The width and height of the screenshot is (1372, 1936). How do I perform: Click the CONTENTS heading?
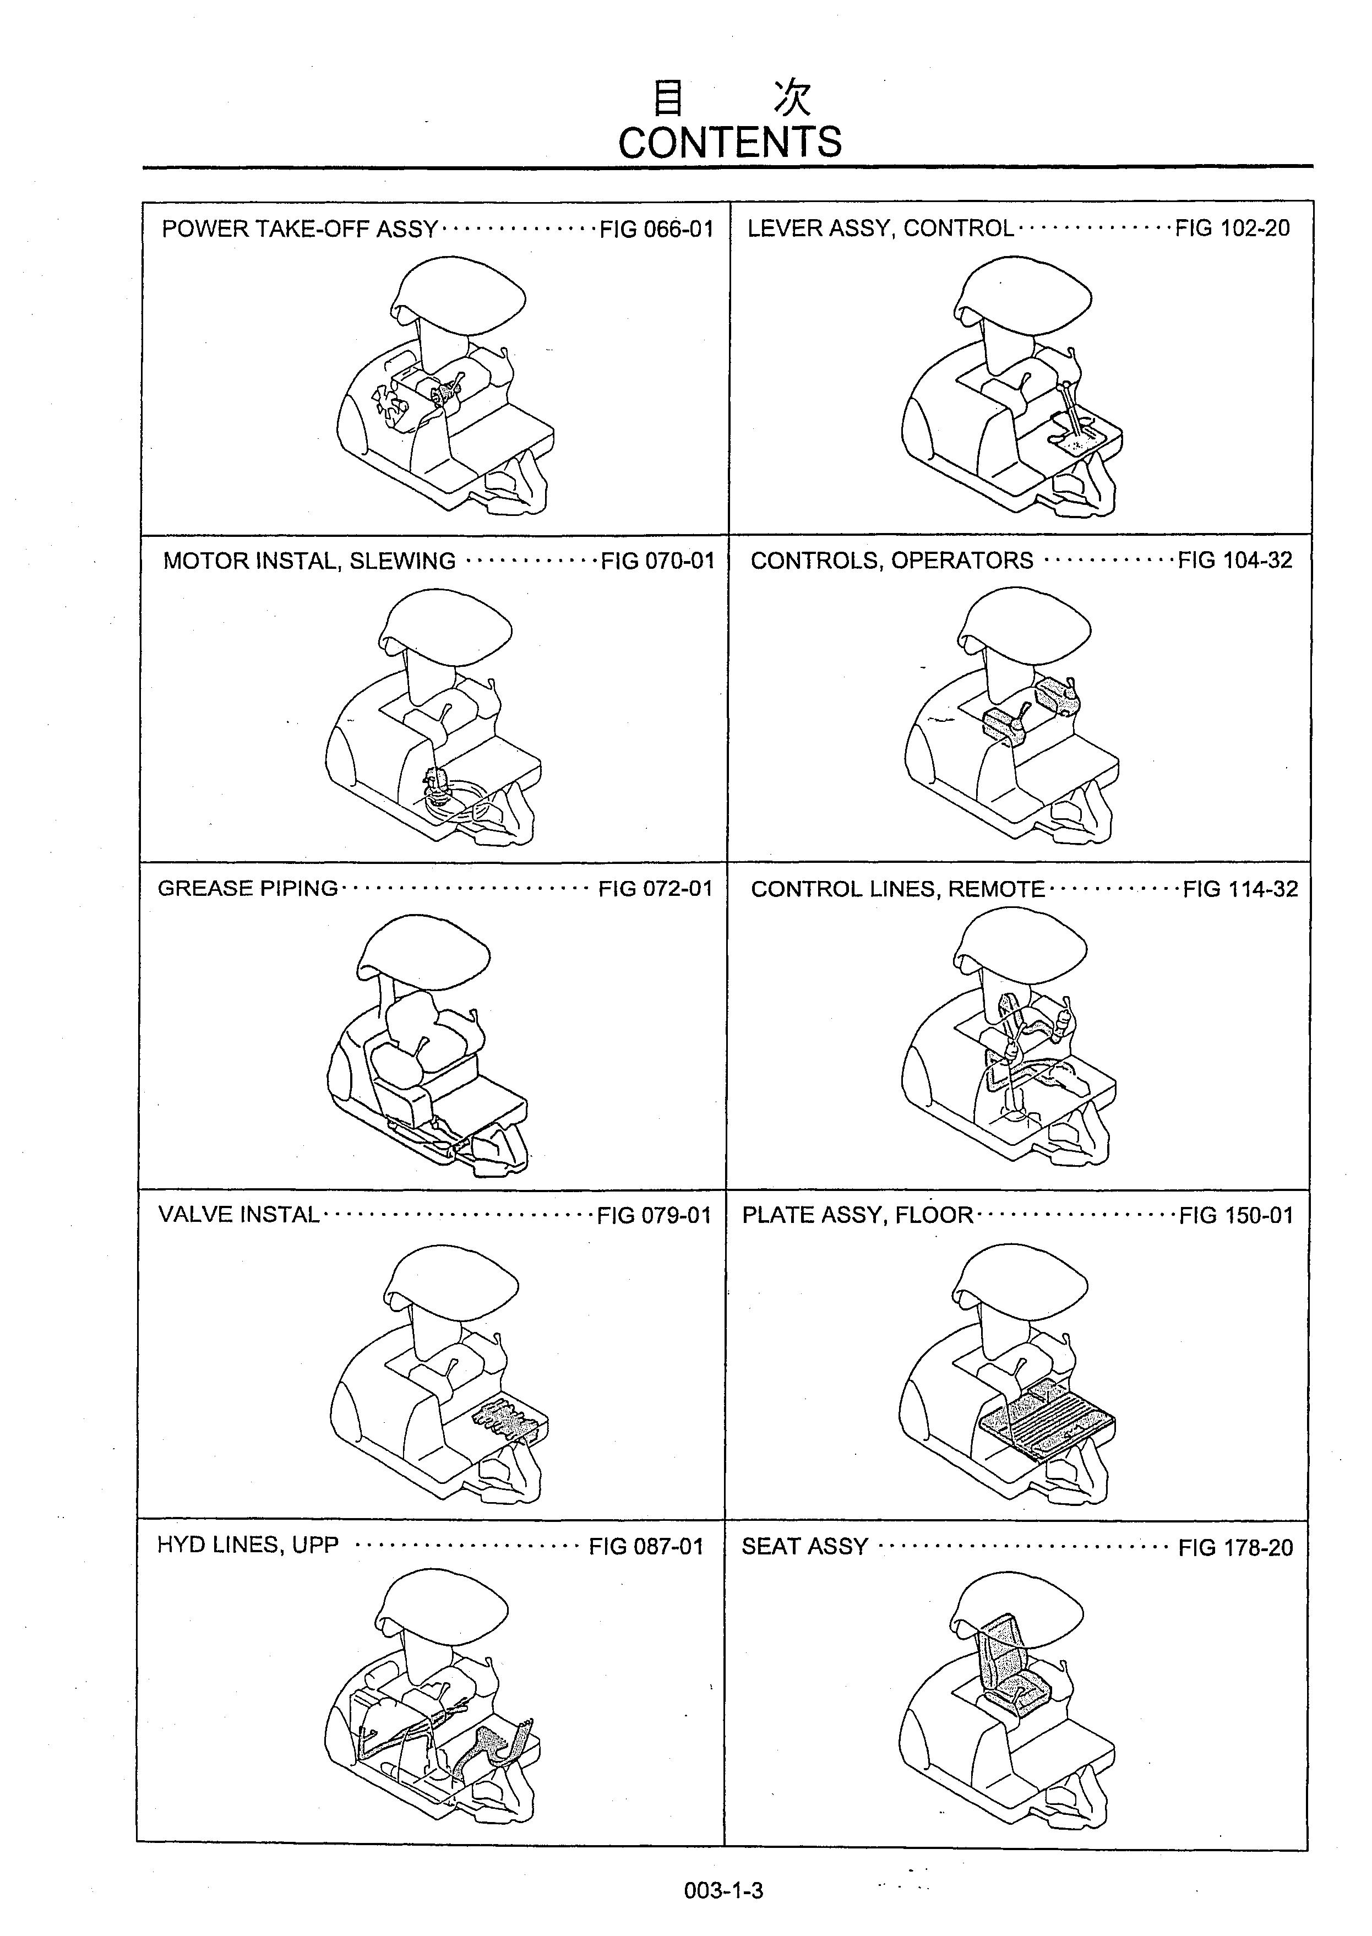[730, 142]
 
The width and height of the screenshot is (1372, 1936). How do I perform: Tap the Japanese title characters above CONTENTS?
[732, 99]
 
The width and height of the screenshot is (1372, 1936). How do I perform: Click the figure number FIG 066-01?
[656, 229]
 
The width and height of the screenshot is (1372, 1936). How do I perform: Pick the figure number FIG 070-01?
[657, 561]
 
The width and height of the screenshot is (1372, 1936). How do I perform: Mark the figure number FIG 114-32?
[1239, 889]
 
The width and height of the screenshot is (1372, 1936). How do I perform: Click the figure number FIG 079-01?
[654, 1215]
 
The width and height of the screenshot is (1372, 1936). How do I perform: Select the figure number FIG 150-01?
[1236, 1215]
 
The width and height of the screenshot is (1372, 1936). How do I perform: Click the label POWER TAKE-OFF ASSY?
[300, 229]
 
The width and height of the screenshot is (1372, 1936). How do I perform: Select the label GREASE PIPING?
[248, 889]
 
